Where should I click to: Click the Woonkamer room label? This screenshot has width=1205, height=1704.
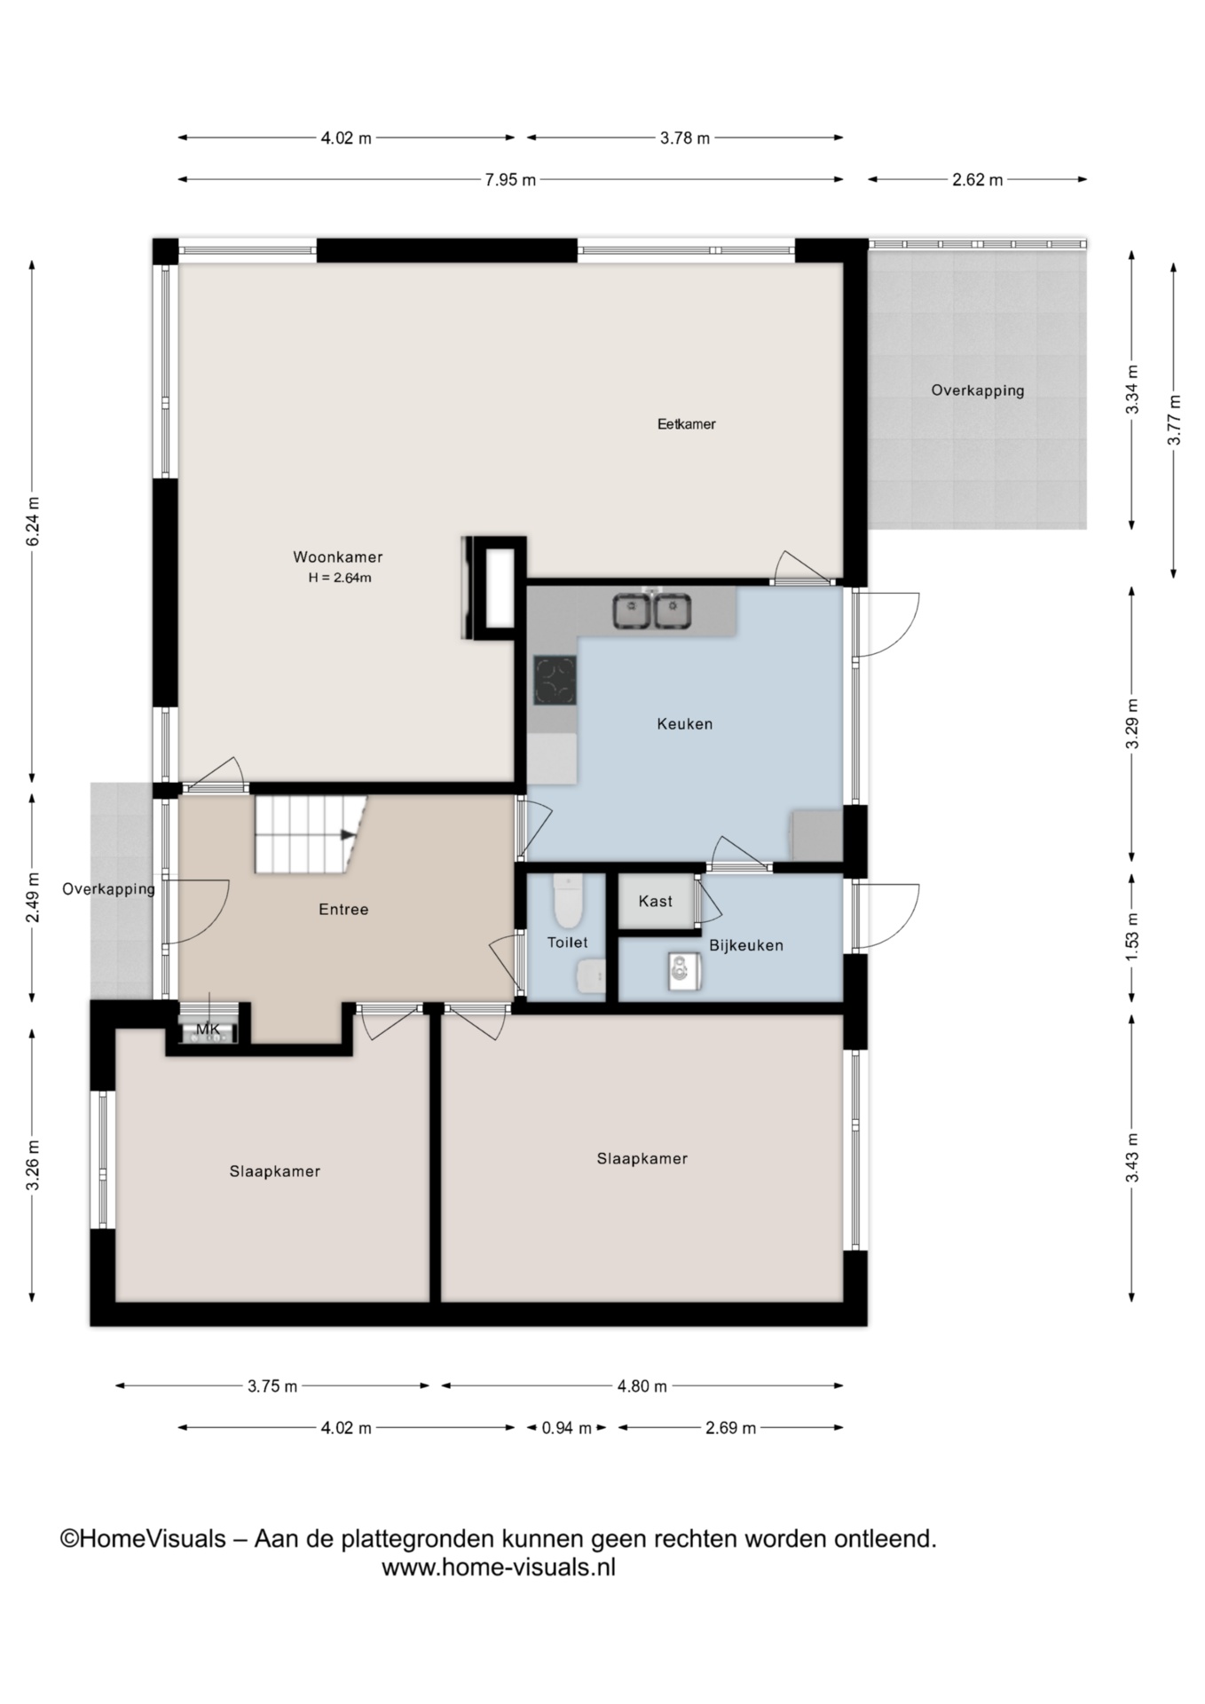tap(338, 557)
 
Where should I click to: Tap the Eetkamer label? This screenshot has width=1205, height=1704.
tap(686, 424)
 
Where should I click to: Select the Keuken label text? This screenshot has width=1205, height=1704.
tap(685, 724)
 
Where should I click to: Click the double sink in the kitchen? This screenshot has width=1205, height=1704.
tap(652, 611)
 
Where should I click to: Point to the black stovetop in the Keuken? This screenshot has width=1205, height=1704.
tap(555, 680)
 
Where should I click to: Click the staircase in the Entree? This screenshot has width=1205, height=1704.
tap(311, 834)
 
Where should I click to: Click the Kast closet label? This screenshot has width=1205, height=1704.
tap(656, 902)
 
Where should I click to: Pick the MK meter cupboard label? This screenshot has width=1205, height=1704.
tap(209, 1029)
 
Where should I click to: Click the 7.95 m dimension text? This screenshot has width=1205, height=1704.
tap(510, 180)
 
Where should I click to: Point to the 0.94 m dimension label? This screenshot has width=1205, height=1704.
tap(566, 1428)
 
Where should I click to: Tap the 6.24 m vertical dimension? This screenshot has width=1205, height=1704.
tap(33, 522)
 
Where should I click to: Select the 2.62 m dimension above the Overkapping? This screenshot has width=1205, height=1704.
tap(978, 180)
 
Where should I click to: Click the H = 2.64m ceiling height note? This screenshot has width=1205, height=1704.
tap(340, 578)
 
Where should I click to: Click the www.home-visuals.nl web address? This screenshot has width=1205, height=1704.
tap(499, 1567)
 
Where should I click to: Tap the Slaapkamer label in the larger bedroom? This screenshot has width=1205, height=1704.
tap(642, 1158)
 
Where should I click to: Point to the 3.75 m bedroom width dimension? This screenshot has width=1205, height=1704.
tap(272, 1386)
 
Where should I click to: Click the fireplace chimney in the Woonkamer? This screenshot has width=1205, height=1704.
tap(494, 588)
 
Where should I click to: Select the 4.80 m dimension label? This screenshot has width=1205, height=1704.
tap(642, 1386)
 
